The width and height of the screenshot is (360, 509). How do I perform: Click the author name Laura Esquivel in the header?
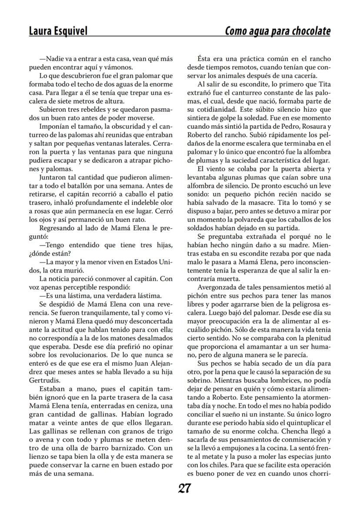[x=58, y=31]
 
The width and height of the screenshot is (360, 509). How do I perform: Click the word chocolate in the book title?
[x=309, y=31]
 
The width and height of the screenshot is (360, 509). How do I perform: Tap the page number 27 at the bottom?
[x=184, y=489]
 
